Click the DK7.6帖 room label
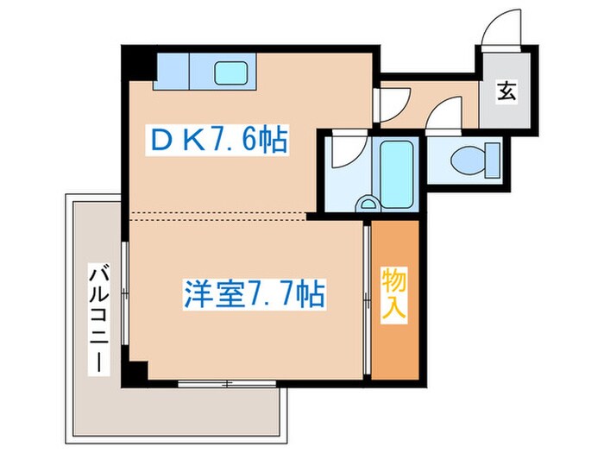pos(221,138)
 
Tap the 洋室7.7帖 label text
pos(253,296)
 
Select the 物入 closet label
pos(394,296)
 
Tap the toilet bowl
pos(470,158)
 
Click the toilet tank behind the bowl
pos(493,158)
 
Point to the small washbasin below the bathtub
pos(368,204)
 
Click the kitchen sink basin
pos(230,73)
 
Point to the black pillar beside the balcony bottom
pos(135,372)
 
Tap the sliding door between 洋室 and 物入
pos(366,298)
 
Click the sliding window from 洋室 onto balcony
pos(125,293)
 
